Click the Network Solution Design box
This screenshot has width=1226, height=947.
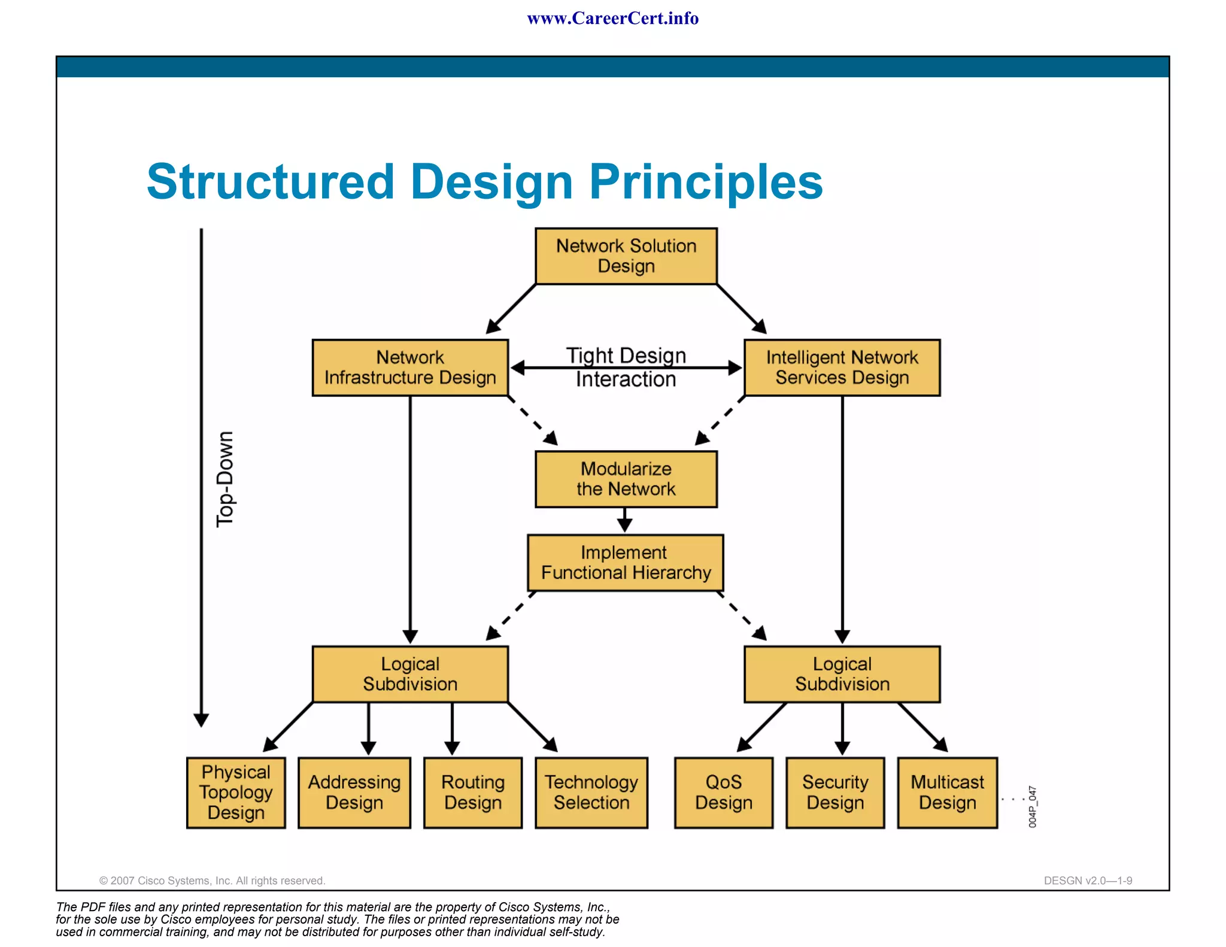click(626, 256)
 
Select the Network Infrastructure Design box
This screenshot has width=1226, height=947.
click(410, 368)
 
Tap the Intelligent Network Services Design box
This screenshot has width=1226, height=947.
click(842, 368)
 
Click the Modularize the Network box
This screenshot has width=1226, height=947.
click(626, 479)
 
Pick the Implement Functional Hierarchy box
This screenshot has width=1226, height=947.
click(626, 563)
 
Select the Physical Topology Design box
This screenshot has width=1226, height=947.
click(236, 793)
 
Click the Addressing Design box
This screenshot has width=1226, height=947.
click(354, 793)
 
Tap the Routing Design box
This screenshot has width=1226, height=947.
click(473, 793)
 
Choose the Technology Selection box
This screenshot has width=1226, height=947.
click(591, 793)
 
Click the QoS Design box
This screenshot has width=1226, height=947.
click(723, 793)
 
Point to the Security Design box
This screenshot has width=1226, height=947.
click(835, 793)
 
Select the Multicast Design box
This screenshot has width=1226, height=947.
click(947, 793)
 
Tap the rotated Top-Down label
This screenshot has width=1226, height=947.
click(225, 479)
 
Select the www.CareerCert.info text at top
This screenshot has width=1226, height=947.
click(612, 19)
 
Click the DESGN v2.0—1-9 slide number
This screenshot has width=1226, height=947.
click(1088, 881)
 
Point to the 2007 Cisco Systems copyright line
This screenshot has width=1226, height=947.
click(212, 881)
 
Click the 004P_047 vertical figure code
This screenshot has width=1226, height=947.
click(1032, 807)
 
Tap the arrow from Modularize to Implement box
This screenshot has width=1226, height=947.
click(624, 520)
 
